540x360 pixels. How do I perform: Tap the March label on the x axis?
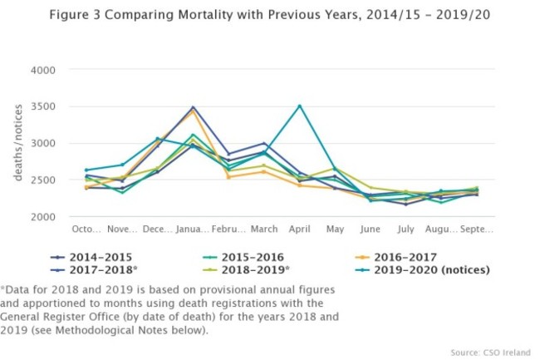coord(263,229)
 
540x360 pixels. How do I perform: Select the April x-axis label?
coord(299,229)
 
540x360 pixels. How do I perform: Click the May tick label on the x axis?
coord(335,229)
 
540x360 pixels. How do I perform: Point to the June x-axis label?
coord(371,229)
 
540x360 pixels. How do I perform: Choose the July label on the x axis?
coord(406,229)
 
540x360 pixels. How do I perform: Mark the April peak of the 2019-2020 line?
coord(299,106)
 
